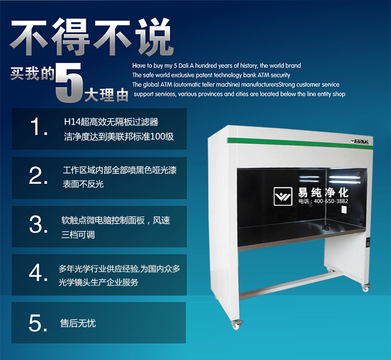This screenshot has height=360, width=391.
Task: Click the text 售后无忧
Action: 78,324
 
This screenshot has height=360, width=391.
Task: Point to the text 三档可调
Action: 78,234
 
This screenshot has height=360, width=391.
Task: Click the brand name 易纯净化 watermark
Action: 323,191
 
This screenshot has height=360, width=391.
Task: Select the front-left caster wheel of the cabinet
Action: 237,324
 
